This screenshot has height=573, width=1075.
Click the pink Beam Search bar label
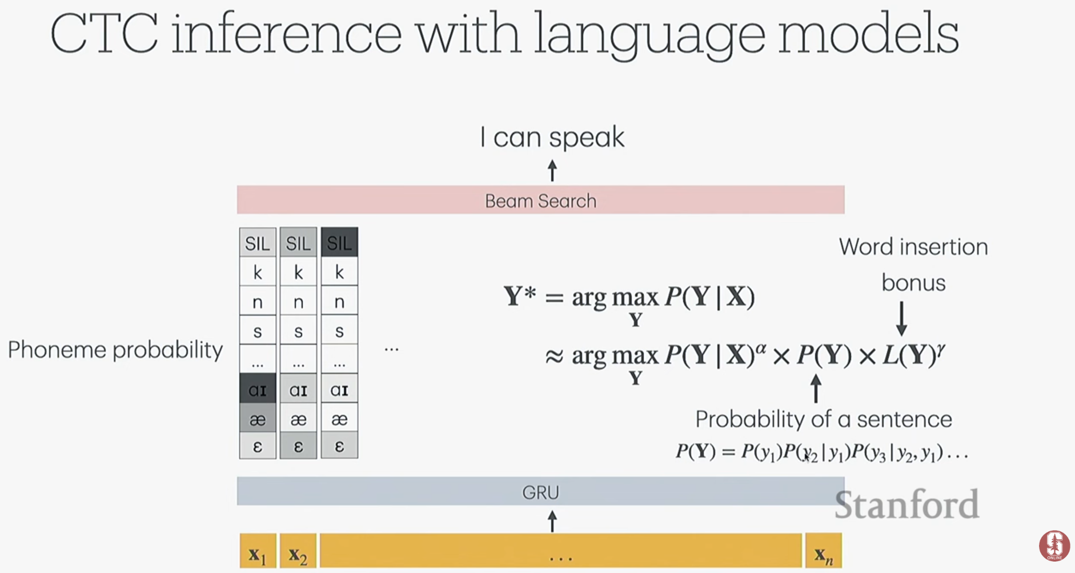point(540,201)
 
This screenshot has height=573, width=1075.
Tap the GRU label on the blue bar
point(540,492)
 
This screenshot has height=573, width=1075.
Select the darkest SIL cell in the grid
point(339,242)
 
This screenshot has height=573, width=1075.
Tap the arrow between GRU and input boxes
point(552,521)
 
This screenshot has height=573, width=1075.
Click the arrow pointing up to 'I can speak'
point(552,170)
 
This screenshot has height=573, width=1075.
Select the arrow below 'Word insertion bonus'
point(901,318)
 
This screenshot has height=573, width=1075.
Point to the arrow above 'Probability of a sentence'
point(816,388)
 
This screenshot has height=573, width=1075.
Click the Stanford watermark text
point(906,504)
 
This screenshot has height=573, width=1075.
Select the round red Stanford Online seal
point(1054,546)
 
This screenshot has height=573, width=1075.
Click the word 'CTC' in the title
point(105,34)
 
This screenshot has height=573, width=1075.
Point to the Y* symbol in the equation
point(520,296)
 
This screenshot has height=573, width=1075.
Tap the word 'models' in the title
point(868,34)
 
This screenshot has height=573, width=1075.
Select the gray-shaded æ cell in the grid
point(258,419)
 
